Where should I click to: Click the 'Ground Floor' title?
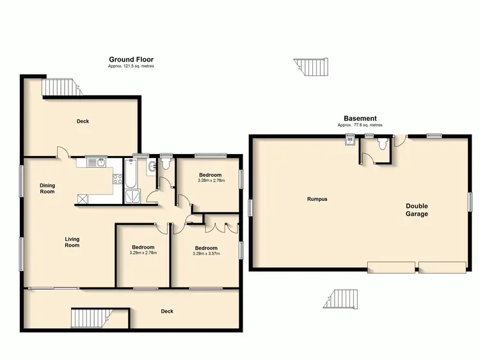pos(131,59)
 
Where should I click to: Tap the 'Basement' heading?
pos(360,118)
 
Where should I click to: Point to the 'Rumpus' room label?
pos(317,199)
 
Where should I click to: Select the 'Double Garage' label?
pos(416,210)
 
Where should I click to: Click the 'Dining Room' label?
pos(47,189)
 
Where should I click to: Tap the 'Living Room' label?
pos(72,242)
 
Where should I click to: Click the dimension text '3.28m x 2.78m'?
pos(210,182)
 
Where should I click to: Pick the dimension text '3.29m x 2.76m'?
pos(143,253)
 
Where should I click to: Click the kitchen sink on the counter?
pos(97,163)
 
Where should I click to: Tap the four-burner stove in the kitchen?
pos(117,179)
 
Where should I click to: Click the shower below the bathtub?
pos(131,196)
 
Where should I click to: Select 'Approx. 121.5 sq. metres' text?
pos(131,67)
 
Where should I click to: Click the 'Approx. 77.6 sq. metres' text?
pos(360,125)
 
